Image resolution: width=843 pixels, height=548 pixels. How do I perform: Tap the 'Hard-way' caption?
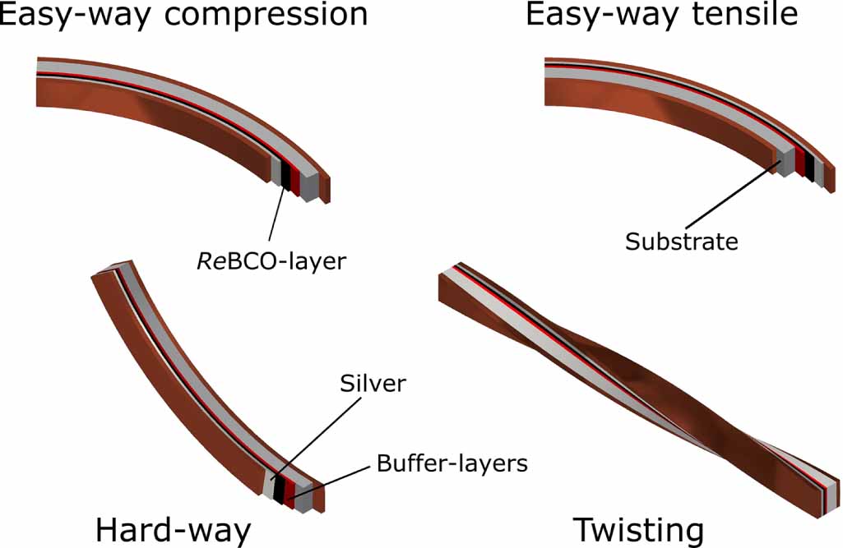point(173,530)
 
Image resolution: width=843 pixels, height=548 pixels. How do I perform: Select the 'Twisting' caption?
point(638,530)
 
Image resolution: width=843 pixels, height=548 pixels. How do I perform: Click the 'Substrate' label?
point(682,242)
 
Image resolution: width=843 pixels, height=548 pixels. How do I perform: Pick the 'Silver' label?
point(373,384)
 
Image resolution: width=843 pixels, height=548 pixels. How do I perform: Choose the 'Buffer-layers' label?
point(452,463)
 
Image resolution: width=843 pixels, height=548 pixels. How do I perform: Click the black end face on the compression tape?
point(286,173)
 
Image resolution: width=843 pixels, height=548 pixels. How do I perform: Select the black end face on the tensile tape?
point(810,167)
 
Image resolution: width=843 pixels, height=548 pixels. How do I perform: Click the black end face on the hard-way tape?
point(280,490)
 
